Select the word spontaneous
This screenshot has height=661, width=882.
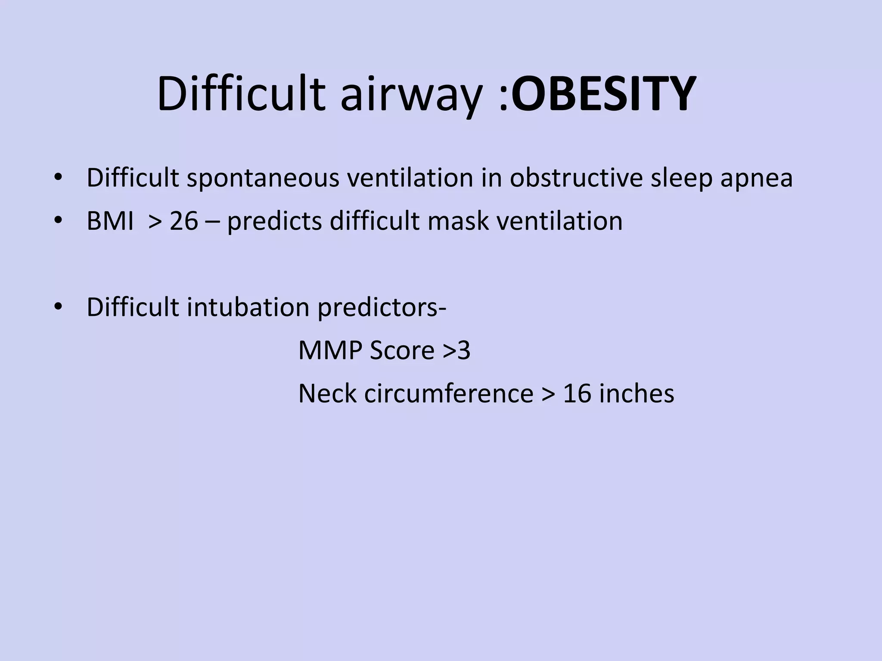tap(263, 178)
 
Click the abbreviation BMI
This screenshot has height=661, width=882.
tap(110, 221)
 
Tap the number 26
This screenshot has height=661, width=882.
tap(184, 221)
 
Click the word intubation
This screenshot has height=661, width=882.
tap(248, 307)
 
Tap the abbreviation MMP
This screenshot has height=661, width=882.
tap(330, 350)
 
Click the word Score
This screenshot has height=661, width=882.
tap(402, 350)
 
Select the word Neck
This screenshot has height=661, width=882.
tap(327, 393)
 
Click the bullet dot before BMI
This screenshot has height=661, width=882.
tap(59, 220)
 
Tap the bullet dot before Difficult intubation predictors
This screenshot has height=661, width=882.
tap(59, 306)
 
